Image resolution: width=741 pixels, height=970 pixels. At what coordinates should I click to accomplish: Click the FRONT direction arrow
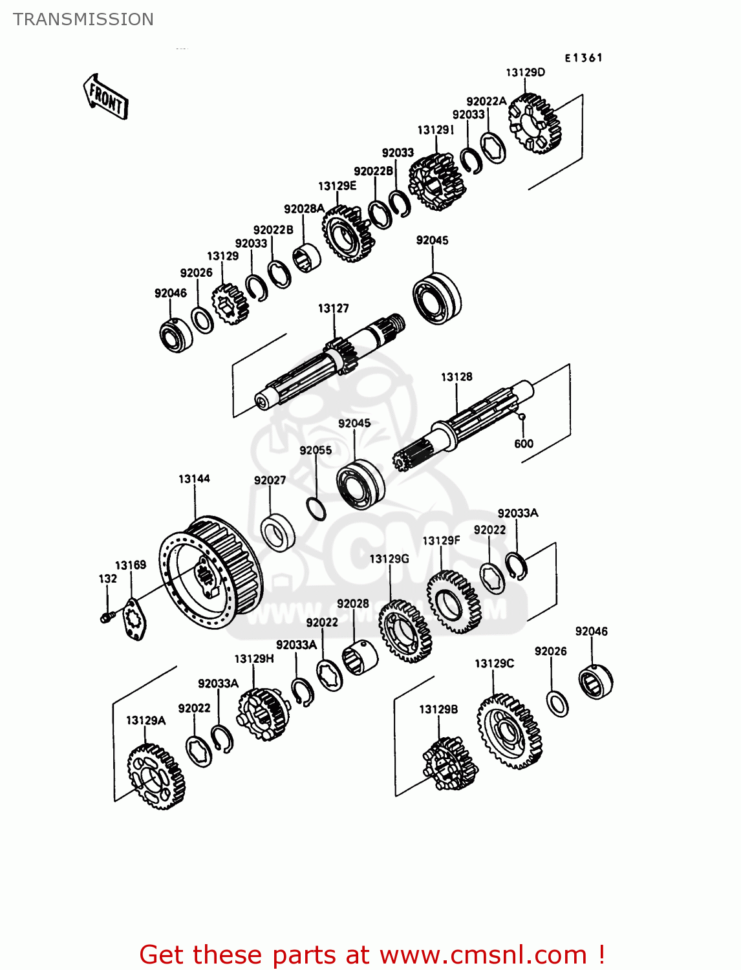point(105,97)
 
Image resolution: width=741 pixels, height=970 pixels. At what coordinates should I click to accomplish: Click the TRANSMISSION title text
point(83,19)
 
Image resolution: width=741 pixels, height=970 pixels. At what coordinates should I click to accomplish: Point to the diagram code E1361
point(583,58)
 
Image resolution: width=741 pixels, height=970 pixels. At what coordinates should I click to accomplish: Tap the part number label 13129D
point(525,72)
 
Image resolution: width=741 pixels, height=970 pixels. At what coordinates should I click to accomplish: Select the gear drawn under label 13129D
point(534,124)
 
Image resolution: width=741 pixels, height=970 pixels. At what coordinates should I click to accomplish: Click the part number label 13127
point(333,308)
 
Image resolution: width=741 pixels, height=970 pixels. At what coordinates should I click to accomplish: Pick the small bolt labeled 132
point(106,618)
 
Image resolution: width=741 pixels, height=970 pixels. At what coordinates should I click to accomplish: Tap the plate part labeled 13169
point(134,620)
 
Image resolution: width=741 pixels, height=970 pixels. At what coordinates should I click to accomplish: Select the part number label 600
point(524,444)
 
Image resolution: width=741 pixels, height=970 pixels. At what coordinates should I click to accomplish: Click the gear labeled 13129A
point(156,776)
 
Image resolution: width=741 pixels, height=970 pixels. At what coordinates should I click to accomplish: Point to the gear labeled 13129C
point(509,731)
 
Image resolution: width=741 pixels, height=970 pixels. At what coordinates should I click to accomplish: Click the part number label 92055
point(316,450)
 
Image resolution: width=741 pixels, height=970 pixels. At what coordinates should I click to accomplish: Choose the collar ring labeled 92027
point(278,532)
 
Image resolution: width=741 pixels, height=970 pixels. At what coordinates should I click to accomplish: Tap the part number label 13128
point(456,377)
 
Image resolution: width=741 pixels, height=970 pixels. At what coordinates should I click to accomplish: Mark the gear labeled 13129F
point(453,602)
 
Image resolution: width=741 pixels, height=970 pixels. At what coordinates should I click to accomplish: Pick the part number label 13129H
point(253,658)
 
